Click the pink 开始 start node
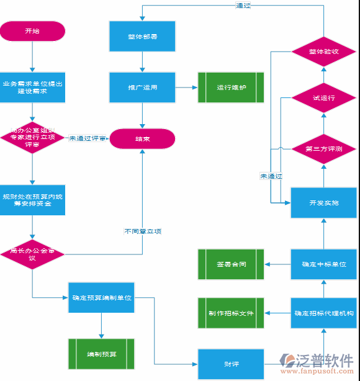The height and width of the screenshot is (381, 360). (32, 31)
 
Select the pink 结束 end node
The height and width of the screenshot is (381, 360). (143, 139)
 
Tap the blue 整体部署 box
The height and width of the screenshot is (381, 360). (143, 37)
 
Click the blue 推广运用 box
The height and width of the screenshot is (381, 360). (143, 87)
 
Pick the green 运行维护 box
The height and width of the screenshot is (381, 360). (231, 87)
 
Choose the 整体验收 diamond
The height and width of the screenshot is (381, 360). (323, 52)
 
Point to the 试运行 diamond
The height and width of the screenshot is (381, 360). (323, 98)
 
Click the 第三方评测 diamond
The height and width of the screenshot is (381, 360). (323, 149)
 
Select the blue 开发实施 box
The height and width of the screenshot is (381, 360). (323, 202)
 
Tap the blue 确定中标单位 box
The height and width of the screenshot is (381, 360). (323, 264)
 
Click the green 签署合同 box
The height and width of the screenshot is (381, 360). (231, 264)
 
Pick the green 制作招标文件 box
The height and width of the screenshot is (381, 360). (231, 313)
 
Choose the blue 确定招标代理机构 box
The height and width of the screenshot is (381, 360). (323, 313)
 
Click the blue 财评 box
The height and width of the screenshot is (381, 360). (231, 364)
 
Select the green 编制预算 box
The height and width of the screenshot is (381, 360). (101, 354)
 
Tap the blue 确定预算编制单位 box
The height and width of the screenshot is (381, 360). (101, 298)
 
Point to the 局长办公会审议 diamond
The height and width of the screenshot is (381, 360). (32, 254)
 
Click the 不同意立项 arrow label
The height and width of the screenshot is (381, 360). (143, 231)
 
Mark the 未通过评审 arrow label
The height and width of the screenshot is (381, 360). (87, 139)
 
